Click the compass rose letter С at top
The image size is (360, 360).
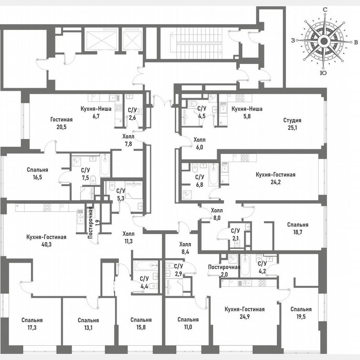[324, 9]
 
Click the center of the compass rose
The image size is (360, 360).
[324, 41]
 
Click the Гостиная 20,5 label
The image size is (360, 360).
[61, 123]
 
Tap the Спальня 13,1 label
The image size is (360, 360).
[88, 324]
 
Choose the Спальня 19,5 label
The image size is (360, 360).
[301, 313]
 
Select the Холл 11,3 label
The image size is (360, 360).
[128, 237]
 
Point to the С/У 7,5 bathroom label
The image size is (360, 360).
[85, 173]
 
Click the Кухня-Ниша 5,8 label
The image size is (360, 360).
[247, 112]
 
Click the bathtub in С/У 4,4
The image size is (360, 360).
[146, 266]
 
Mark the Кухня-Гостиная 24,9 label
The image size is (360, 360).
[244, 313]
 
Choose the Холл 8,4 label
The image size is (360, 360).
[185, 248]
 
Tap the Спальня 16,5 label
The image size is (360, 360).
[37, 173]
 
